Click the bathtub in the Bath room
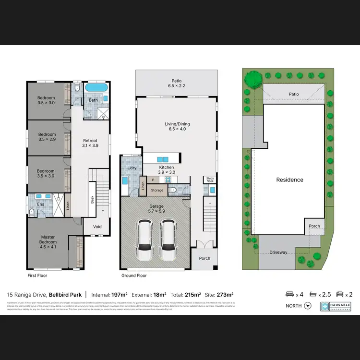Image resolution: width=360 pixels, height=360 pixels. click(97, 89)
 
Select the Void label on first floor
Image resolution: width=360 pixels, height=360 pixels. click(97, 227)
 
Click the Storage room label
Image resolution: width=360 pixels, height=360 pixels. click(157, 190)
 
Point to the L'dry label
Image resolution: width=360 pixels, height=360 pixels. click(132, 168)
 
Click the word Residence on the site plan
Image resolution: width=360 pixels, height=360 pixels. click(289, 180)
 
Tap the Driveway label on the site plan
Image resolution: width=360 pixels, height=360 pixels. click(278, 252)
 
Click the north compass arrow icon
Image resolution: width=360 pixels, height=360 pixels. click(307, 305)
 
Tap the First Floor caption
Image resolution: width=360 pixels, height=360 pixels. click(37, 276)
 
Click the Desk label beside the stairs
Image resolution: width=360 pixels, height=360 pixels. click(93, 199)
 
